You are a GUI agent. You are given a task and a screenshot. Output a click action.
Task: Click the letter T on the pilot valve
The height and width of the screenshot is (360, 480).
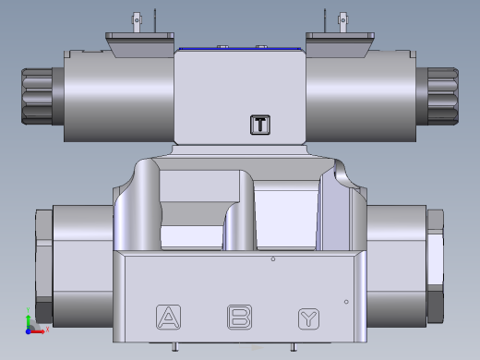tap(260, 125)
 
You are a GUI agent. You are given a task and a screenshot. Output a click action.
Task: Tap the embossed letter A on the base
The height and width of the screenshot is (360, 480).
tap(168, 318)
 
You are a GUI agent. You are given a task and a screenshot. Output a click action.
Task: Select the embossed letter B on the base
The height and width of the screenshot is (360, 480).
tap(240, 318)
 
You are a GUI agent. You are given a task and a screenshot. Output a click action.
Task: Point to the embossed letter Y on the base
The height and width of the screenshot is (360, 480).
tap(309, 319)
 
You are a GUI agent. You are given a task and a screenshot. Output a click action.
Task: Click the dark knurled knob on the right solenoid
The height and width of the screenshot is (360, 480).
tap(444, 95)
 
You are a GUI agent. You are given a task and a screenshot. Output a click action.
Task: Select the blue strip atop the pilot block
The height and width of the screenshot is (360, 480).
tap(239, 48)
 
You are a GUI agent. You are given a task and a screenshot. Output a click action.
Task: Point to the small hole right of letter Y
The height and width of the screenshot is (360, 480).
tap(346, 302)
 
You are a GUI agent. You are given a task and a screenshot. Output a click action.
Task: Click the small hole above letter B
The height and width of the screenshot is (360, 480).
tap(273, 260)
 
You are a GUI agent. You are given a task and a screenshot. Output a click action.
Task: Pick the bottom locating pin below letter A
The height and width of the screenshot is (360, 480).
tap(175, 347)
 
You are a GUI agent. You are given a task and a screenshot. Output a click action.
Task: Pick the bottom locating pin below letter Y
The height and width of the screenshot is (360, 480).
tap(305, 347)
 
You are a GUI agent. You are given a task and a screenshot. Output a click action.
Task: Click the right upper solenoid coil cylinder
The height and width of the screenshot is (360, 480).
tap(362, 96)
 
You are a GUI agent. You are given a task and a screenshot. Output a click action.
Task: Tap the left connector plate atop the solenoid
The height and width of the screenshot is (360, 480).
tap(138, 42)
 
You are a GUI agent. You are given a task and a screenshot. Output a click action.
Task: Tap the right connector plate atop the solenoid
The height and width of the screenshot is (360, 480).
tap(340, 42)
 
